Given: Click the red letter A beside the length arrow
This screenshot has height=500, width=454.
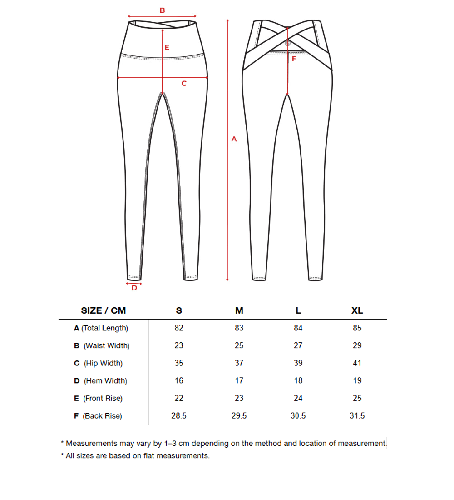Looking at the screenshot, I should [234, 139].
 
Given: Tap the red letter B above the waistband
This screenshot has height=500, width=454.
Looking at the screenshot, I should [162, 10].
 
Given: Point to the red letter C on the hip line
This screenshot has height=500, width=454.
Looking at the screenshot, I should [184, 83].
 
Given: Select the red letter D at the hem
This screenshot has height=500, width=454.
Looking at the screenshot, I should [134, 288].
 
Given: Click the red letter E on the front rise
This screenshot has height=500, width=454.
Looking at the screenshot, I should [167, 47].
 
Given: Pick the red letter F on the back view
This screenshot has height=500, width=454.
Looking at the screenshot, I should [294, 59].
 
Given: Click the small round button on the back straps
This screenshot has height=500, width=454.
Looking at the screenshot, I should [287, 43].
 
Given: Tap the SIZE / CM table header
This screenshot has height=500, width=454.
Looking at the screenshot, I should [104, 310].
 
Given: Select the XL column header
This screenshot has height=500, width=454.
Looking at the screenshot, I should [357, 310].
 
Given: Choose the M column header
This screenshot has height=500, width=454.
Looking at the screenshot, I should [239, 310].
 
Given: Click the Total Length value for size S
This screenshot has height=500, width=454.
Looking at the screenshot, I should [179, 328].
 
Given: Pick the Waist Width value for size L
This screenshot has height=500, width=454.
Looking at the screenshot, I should [298, 345].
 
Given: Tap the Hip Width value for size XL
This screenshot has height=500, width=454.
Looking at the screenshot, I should [357, 363].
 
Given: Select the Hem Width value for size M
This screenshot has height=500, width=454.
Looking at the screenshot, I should [239, 380].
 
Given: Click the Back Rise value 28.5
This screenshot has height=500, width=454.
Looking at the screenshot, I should [179, 416].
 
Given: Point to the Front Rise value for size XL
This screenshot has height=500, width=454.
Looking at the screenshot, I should [357, 398].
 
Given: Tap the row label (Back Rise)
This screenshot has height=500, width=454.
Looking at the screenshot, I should [102, 416].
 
